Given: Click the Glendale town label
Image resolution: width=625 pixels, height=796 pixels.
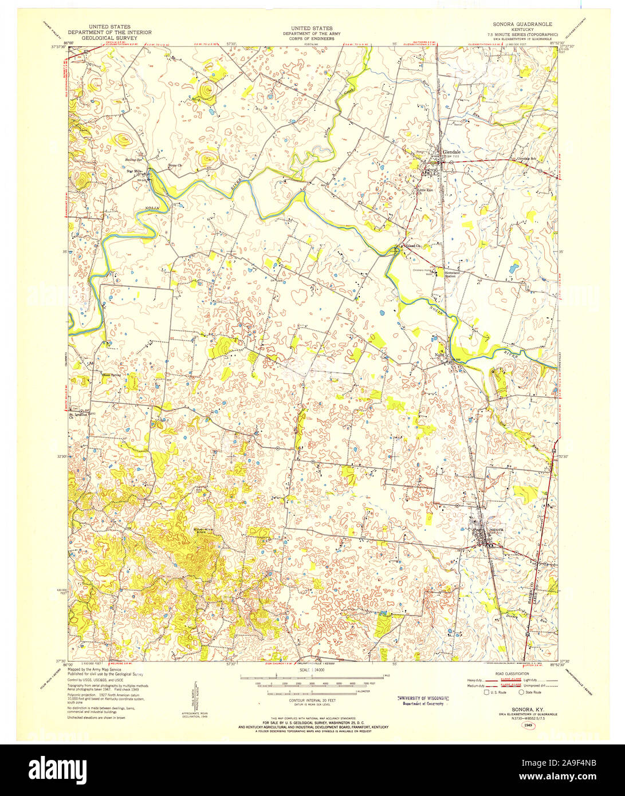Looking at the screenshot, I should (451, 152).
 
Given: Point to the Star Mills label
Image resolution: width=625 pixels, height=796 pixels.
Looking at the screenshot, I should (134, 171).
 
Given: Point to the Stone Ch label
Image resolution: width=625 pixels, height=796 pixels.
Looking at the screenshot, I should (174, 165).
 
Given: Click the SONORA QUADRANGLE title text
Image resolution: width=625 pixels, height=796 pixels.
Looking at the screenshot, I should (522, 25).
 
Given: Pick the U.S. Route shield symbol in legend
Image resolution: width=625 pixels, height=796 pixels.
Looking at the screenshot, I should (486, 692).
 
